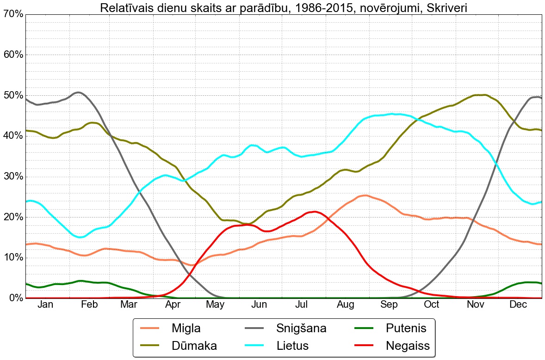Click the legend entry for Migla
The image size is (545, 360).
click(186, 329)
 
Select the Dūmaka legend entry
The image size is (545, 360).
click(194, 345)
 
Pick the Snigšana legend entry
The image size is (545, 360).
click(301, 329)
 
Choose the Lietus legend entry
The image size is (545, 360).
click(292, 345)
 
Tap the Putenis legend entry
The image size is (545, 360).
click(405, 329)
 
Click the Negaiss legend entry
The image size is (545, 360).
click(408, 345)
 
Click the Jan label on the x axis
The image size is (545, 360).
click(45, 304)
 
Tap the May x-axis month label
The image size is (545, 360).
click(215, 304)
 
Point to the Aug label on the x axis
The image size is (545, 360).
click(345, 304)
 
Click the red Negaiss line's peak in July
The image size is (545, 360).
click(315, 212)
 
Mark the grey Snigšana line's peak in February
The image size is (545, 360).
click(79, 93)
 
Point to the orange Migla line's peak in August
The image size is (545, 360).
click(365, 195)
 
